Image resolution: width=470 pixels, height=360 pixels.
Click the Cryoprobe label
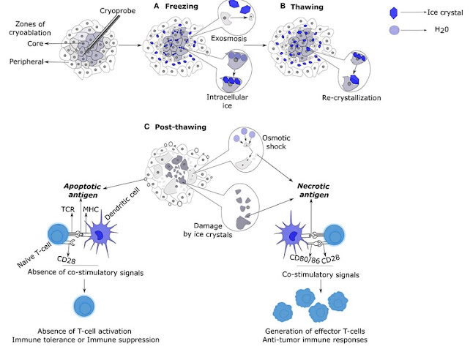117,11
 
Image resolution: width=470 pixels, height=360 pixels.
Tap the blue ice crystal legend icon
394,13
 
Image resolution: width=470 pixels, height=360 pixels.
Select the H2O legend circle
394,30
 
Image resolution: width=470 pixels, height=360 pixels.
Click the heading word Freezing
182,7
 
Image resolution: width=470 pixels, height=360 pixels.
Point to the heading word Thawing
307,7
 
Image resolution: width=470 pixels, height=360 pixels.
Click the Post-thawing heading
180,127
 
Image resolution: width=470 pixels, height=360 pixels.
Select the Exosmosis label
228,39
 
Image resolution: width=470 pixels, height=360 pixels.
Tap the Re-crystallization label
351,98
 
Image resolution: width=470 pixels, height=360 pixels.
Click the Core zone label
35,44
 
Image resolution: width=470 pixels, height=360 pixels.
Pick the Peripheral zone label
26,61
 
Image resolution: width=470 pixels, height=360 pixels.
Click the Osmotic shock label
276,142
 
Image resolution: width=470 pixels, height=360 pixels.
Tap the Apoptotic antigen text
83,190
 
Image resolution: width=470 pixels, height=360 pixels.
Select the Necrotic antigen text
313,190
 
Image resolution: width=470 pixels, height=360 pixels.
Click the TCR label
68,209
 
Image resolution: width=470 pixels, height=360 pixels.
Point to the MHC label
91,209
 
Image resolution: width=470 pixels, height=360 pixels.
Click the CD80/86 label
305,259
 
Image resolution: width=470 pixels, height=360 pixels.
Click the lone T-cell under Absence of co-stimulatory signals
84,306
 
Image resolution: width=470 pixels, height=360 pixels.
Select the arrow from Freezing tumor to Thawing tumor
255,45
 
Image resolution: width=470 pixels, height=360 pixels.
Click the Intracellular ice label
227,101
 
